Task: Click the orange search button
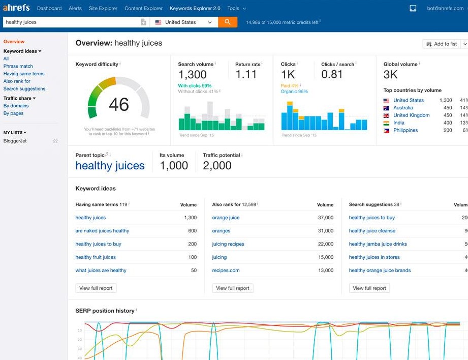click(228, 22)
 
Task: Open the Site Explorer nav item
click(103, 8)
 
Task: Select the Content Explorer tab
click(144, 8)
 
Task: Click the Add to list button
click(442, 44)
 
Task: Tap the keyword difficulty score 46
click(119, 105)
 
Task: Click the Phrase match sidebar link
click(18, 66)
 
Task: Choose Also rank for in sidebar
click(17, 81)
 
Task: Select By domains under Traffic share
click(16, 105)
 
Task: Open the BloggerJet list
click(15, 141)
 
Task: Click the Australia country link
click(403, 108)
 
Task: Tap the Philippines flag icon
click(386, 131)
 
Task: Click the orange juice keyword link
click(226, 218)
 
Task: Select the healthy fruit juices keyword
click(96, 257)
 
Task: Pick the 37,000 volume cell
click(326, 218)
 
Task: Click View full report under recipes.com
click(233, 288)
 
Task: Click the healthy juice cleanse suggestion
click(372, 231)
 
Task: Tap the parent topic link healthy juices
click(110, 166)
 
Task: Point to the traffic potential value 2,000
click(217, 166)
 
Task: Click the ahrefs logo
click(16, 8)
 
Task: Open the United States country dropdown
click(183, 22)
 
